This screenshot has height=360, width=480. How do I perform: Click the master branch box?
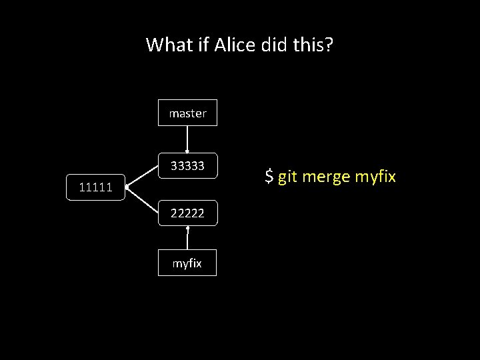coord(187,113)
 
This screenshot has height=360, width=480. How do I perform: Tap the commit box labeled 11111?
coord(95,187)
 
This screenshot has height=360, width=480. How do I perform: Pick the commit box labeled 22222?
coord(187,213)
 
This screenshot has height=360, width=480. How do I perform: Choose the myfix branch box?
coord(187,263)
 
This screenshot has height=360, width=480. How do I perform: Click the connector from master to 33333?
coord(187,139)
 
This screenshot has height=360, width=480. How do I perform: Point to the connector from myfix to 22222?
coord(187,239)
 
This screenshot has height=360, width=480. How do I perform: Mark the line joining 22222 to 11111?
coord(142,200)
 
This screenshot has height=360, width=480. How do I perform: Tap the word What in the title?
coord(169,45)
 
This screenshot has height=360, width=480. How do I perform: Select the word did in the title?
coord(276,45)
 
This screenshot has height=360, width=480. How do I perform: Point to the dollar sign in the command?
coord(269,177)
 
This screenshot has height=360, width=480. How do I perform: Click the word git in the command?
coord(287,177)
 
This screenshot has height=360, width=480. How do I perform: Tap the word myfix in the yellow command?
coord(375,177)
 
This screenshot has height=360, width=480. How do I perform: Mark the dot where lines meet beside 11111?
coord(127,187)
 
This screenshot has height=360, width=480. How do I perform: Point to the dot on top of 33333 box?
coord(187,152)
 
